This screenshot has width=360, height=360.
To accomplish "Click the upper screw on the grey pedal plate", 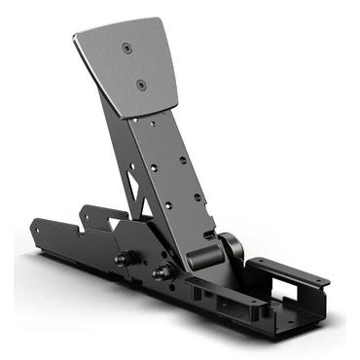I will click(126, 47).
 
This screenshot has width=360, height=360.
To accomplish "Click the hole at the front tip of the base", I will click(37, 231).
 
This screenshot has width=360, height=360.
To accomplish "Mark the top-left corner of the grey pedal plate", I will click(75, 37).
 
